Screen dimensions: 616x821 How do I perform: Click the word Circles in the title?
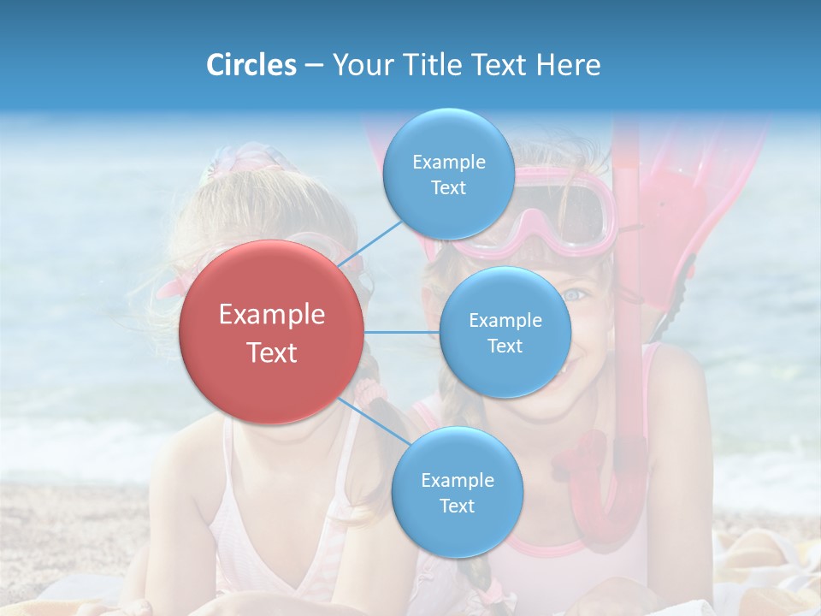(251, 65)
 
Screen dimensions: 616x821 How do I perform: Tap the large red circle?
(272, 332)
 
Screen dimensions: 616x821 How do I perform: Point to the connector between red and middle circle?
(402, 332)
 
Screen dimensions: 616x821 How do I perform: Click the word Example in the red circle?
(272, 315)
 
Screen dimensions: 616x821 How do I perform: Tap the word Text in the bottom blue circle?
(457, 506)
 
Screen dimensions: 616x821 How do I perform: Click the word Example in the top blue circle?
(449, 162)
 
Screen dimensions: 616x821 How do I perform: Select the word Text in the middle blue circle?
(505, 346)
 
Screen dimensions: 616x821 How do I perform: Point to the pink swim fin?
(684, 197)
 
